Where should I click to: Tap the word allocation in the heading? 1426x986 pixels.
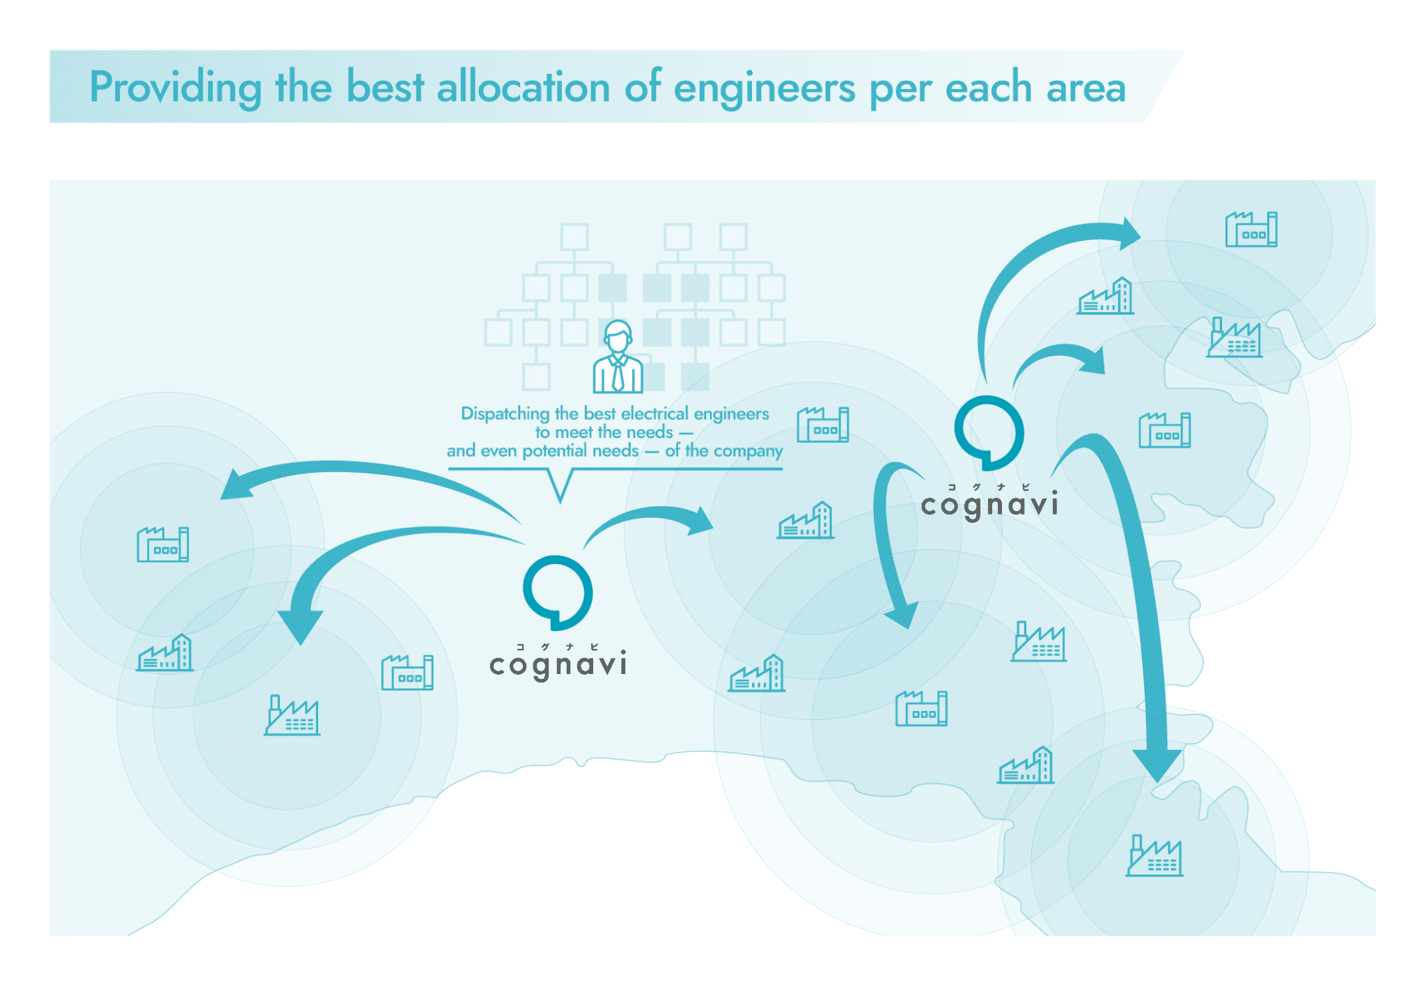(523, 88)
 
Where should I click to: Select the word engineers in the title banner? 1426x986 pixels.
(764, 89)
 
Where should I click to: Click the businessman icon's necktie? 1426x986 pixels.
(618, 376)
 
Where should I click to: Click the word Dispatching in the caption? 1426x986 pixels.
(505, 414)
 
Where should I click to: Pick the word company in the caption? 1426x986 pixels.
(747, 451)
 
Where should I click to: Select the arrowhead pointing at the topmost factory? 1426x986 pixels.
(1128, 234)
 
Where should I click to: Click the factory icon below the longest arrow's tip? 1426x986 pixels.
(1154, 856)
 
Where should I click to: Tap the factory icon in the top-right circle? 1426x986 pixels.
(1251, 230)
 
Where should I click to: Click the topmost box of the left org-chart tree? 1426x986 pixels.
(574, 237)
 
